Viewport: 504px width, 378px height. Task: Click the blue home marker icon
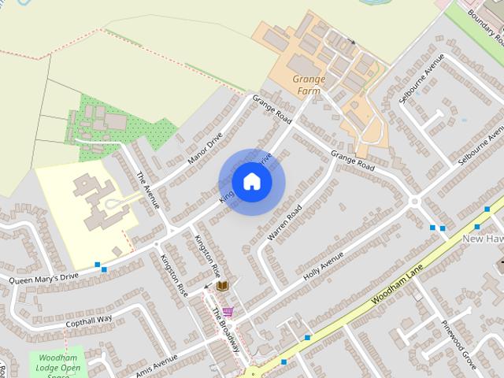pos(251,182)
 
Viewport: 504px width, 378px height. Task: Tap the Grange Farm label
pos(309,84)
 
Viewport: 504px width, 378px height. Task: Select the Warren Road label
pos(284,224)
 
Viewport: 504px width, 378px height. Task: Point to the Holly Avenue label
pos(324,268)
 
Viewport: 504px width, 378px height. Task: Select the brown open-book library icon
pos(222,286)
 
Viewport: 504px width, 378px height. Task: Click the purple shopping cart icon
pos(227,312)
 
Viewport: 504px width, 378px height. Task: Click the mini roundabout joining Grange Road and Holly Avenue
pos(413,202)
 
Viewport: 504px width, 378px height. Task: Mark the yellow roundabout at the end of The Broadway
pos(250,370)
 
